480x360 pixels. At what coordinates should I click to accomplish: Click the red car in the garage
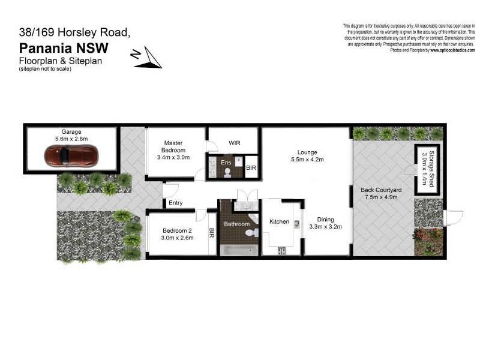click(71, 157)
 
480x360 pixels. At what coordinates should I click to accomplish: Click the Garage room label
click(71, 131)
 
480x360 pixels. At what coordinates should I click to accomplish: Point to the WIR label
click(235, 143)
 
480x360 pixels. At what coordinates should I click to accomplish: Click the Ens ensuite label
click(226, 162)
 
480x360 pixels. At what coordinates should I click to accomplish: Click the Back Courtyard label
click(381, 190)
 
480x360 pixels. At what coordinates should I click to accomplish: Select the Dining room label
click(325, 219)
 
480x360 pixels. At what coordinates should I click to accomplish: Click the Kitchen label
click(279, 221)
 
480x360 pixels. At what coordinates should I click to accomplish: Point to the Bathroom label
click(236, 224)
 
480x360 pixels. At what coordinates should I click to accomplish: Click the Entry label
click(176, 203)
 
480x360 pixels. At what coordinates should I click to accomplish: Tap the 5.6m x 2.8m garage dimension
click(71, 139)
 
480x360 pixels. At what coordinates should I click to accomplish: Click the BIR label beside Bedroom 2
click(212, 233)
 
